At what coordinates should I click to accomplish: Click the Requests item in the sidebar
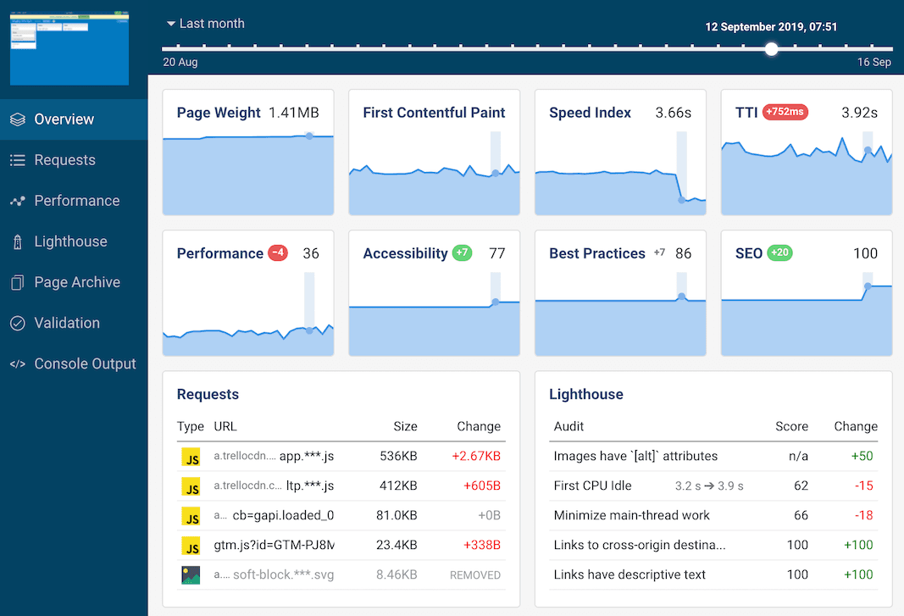point(64,160)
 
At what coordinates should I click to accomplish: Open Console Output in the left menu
point(85,363)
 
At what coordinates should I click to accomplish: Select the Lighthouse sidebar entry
point(70,241)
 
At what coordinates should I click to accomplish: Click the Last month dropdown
point(205,24)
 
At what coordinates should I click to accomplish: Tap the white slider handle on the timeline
point(771,49)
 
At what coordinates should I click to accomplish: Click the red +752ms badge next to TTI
point(785,112)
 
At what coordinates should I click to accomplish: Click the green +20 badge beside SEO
point(779,253)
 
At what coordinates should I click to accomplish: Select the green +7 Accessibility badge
point(462,253)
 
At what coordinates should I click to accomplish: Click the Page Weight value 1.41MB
point(294,113)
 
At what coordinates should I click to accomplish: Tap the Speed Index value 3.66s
point(673,113)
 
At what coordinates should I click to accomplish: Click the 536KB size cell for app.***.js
point(398,456)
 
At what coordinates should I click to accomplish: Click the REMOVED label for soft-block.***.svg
point(475,574)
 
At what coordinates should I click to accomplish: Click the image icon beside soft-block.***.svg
point(191,574)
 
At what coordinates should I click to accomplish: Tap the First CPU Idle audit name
point(592,486)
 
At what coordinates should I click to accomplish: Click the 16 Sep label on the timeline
point(874,63)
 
